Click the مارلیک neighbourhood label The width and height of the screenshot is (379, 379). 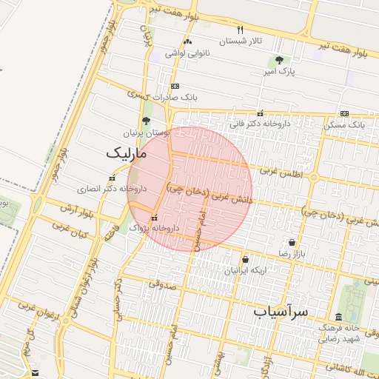(x=127, y=153)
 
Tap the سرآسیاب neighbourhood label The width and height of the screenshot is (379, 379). (x=281, y=311)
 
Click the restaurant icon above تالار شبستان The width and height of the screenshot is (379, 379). (x=239, y=30)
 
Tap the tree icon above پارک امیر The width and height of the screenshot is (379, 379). (x=279, y=60)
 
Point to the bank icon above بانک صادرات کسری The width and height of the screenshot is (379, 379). (x=175, y=86)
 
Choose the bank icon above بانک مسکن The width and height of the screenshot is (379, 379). (x=344, y=113)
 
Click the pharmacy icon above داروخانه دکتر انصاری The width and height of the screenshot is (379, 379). (x=112, y=178)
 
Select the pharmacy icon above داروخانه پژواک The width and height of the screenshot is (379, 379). (x=154, y=217)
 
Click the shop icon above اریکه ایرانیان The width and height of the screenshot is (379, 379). (x=245, y=259)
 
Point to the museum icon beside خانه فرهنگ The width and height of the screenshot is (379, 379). (x=339, y=317)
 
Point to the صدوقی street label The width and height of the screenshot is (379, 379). (x=161, y=283)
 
